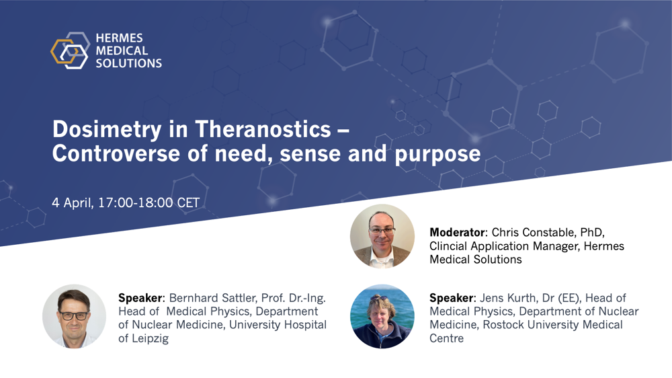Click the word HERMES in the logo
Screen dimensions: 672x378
[119, 38]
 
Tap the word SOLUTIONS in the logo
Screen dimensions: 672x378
[128, 63]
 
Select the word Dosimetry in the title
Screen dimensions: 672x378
[107, 130]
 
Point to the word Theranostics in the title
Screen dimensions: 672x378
[263, 129]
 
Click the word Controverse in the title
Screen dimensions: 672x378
[116, 153]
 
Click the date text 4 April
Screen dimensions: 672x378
[73, 202]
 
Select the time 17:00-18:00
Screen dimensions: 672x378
[136, 202]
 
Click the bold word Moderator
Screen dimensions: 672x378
[457, 233]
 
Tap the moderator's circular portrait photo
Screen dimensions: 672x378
[382, 236]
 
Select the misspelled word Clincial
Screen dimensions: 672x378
[448, 246]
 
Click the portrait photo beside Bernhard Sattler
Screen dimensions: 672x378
[74, 316]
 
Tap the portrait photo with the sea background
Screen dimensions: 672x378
[382, 316]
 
